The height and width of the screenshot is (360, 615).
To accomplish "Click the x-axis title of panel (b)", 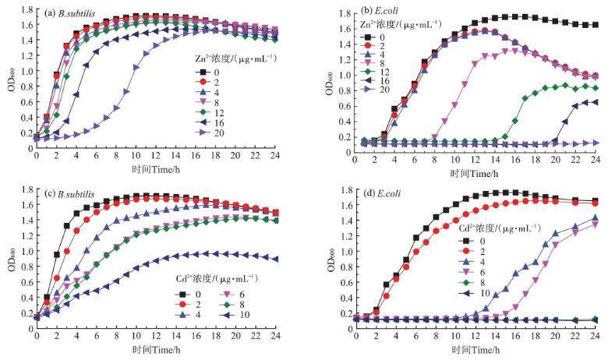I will tap(475, 175).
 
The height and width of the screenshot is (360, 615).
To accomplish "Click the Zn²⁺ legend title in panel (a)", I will tap(230, 58).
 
